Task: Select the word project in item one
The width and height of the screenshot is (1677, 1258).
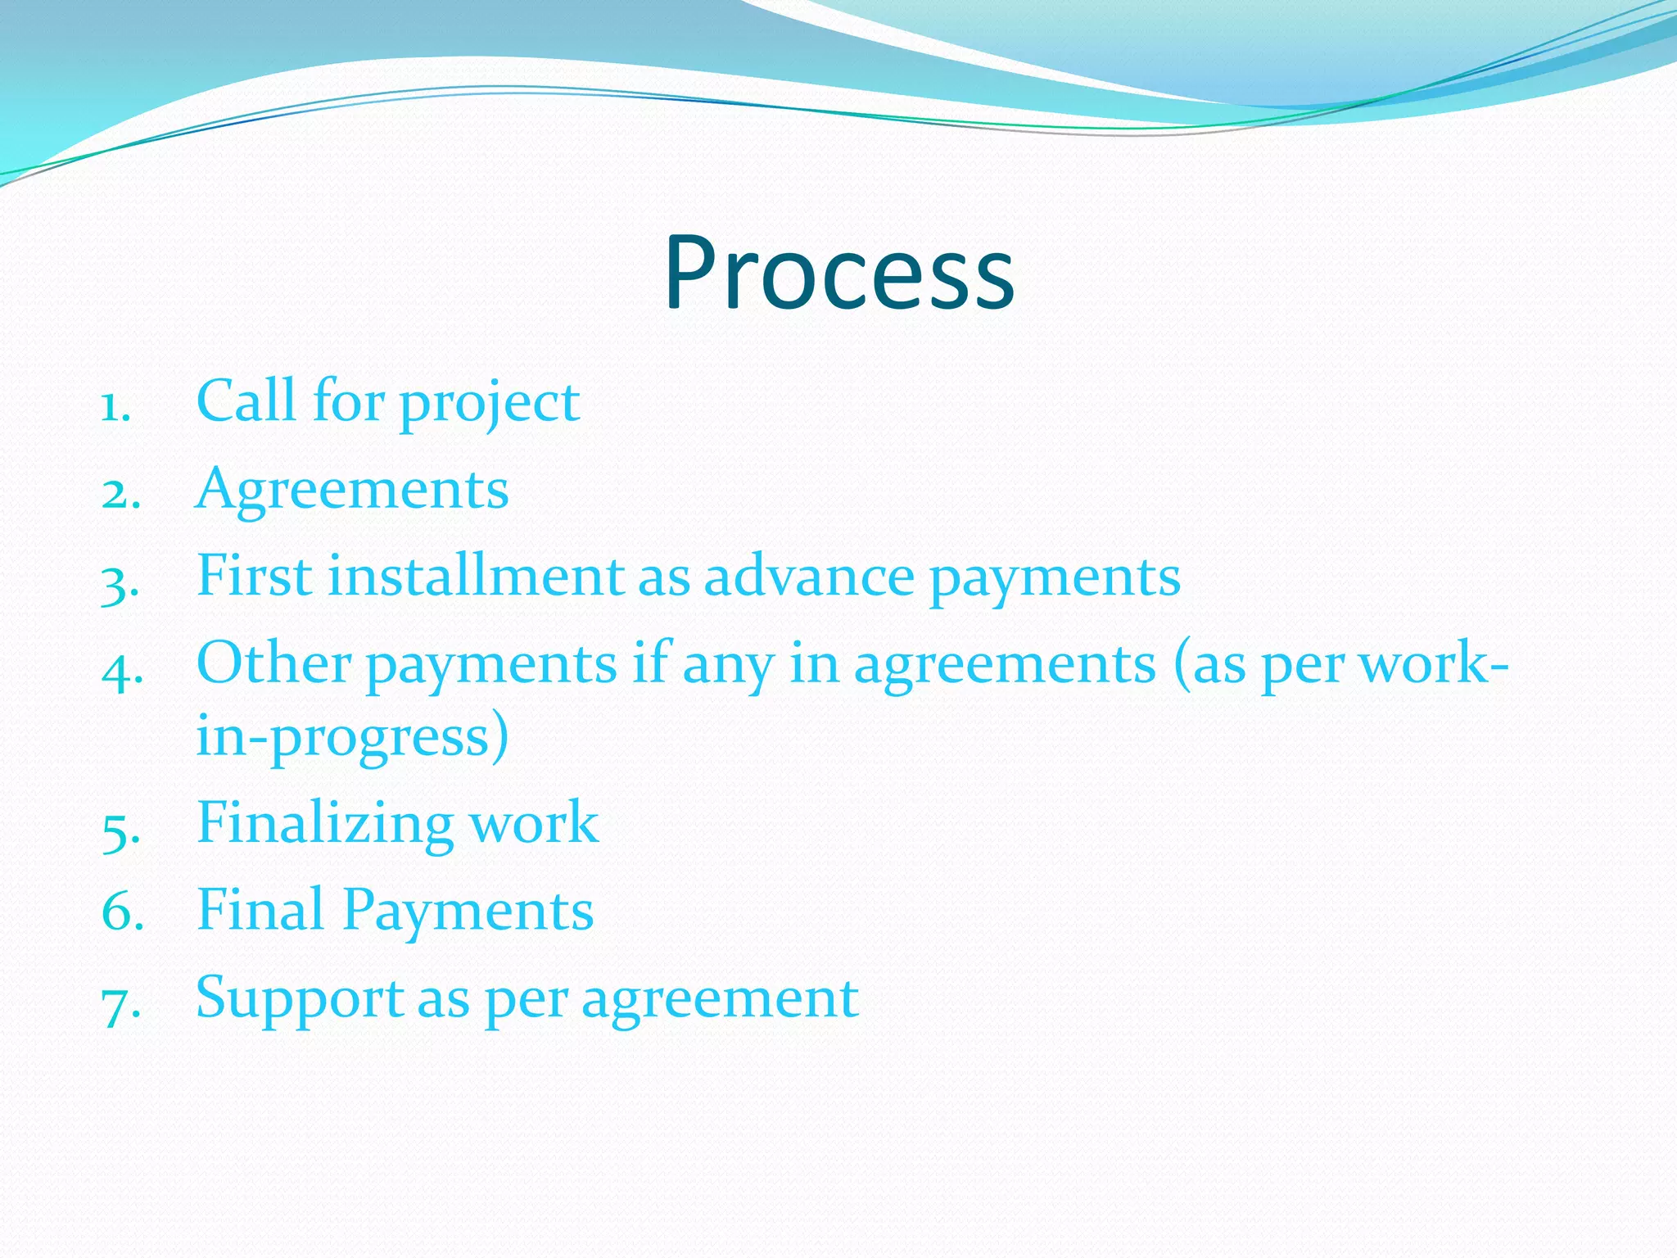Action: pyautogui.click(x=490, y=405)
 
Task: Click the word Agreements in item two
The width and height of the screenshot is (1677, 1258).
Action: pyautogui.click(x=352, y=490)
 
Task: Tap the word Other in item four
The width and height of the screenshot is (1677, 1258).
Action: pyautogui.click(x=273, y=663)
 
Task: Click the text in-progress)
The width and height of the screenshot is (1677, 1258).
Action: pyautogui.click(x=352, y=737)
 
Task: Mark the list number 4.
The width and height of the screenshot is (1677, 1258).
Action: pyautogui.click(x=121, y=672)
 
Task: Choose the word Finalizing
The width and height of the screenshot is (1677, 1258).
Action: pyautogui.click(x=325, y=824)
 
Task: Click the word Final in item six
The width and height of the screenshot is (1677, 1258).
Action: pyautogui.click(x=260, y=910)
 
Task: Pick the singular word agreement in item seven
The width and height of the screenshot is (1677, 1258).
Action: pyautogui.click(x=720, y=1001)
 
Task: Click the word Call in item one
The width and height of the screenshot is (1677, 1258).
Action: pyautogui.click(x=246, y=401)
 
